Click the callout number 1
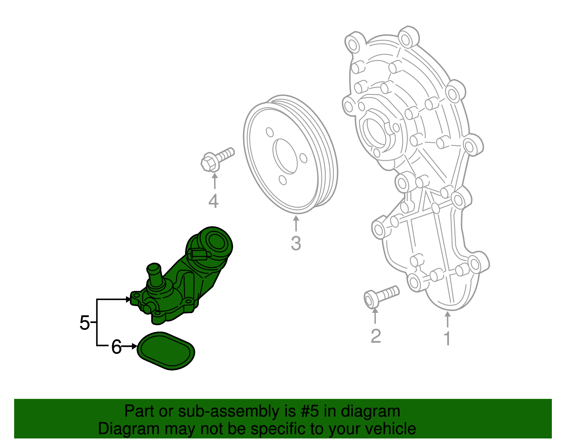447,338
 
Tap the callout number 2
375,335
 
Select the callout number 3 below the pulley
296,243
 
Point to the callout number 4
213,201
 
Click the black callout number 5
85,323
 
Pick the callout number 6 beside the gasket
116,347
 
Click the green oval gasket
166,351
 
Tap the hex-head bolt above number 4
216,160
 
